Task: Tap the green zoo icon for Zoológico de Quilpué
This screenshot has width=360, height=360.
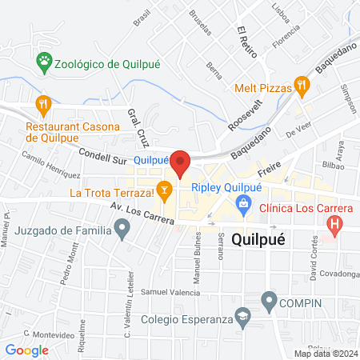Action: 43,60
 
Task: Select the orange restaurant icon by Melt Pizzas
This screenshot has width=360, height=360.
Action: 302,82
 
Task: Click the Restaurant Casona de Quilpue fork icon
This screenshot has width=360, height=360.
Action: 43,103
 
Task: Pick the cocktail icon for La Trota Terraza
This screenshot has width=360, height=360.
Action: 165,189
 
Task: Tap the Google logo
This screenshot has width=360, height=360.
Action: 27,349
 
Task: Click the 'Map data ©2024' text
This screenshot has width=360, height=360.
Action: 325,353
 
